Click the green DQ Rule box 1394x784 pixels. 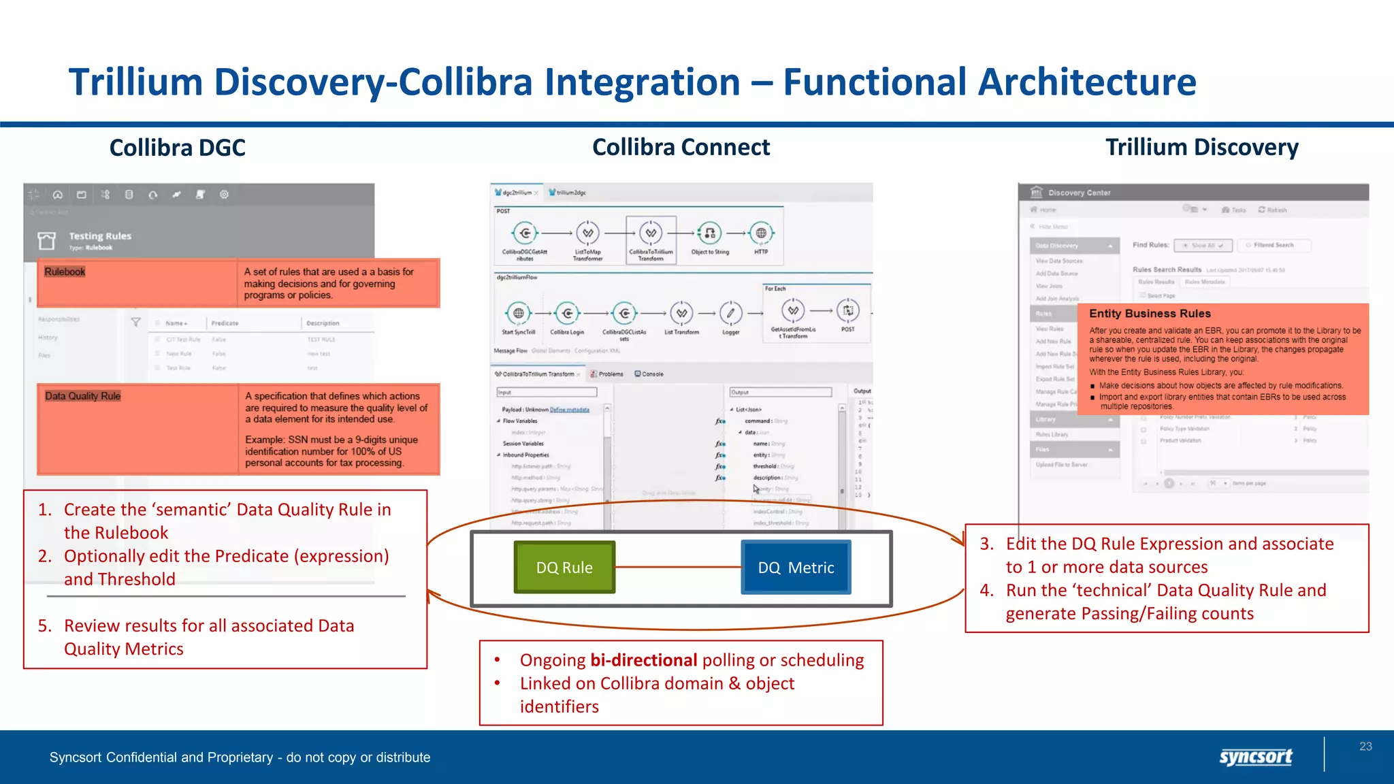(x=564, y=567)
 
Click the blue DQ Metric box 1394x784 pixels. (x=796, y=567)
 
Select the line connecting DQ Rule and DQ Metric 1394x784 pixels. (x=678, y=567)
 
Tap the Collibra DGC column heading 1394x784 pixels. (x=177, y=148)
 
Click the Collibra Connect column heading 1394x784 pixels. (x=681, y=147)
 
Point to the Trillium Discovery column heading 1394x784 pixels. (x=1201, y=147)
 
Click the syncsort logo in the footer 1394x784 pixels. (x=1255, y=757)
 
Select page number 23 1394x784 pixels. (x=1365, y=747)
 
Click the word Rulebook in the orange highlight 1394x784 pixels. (x=65, y=272)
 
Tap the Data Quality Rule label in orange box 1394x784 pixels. (x=82, y=396)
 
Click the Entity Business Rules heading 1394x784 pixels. (x=1150, y=314)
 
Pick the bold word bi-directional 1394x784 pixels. (x=643, y=660)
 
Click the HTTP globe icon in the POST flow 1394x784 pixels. (x=761, y=233)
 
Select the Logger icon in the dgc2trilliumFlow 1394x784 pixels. (x=730, y=313)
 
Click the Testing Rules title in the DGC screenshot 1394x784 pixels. (x=100, y=236)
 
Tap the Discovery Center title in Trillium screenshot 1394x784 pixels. (x=1079, y=193)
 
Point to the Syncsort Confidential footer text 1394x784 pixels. (x=240, y=757)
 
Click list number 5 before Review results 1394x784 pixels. (x=45, y=625)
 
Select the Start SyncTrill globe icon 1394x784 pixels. (x=519, y=313)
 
